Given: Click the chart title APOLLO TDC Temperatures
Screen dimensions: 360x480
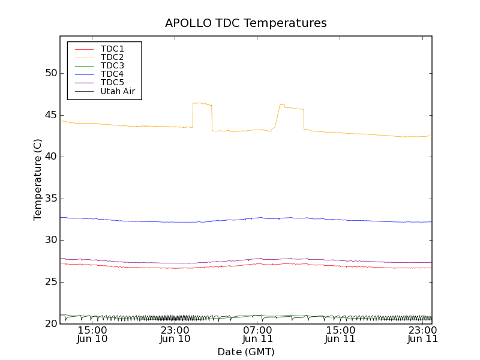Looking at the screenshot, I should coord(246,23).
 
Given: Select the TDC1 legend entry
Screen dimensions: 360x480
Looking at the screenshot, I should coord(112,49).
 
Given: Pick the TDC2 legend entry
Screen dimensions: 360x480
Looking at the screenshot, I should coord(112,57).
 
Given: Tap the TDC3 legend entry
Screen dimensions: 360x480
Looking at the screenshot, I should coord(112,65).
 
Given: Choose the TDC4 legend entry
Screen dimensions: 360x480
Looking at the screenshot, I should coord(112,74).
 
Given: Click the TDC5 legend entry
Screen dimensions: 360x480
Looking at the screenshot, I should coord(112,82).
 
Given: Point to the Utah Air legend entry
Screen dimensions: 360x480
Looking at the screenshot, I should coord(118,91).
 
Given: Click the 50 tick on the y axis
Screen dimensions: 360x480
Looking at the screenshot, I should coord(50,73).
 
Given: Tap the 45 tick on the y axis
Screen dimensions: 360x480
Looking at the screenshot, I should coord(50,115).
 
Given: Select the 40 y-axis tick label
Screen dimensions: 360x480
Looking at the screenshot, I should coord(50,157).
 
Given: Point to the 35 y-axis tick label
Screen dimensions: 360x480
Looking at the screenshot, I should coord(50,199).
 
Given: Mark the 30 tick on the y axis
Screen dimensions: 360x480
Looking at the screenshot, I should coord(50,240).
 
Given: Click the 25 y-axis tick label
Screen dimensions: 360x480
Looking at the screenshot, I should coord(50,282).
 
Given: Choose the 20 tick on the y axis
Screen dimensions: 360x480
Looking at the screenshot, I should coord(50,324).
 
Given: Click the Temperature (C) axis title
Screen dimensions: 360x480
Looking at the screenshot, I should coord(38,179).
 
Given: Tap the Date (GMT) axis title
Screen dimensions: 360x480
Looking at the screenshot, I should coord(246,352).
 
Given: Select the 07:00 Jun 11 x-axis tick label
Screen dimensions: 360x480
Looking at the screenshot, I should coord(257,334).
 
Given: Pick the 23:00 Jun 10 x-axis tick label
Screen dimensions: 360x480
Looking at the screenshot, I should coord(175,334).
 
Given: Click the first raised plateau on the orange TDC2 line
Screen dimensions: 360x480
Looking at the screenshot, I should coord(202,104).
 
